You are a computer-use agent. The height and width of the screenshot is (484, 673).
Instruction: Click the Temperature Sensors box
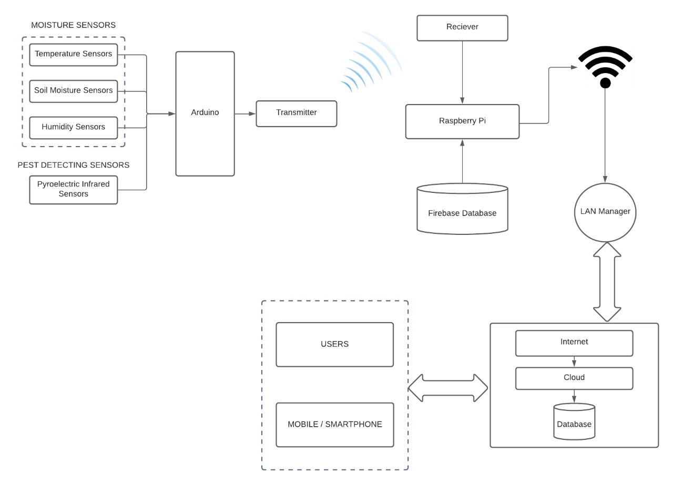pos(74,54)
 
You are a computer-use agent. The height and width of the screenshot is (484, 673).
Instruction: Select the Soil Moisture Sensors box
pos(74,91)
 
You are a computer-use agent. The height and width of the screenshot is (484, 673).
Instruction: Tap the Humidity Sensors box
pos(74,127)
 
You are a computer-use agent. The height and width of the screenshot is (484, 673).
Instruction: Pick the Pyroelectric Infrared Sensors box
pos(74,189)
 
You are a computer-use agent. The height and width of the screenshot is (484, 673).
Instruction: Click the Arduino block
pos(205,114)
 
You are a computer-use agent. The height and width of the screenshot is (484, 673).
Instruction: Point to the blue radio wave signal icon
pos(368,63)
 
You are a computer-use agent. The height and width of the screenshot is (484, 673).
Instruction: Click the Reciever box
pos(463,28)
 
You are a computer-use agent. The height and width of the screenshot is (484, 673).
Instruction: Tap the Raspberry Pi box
pos(463,121)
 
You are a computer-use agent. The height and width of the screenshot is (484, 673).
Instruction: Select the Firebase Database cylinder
pos(463,209)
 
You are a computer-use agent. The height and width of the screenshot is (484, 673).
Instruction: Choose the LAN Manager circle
pos(605,212)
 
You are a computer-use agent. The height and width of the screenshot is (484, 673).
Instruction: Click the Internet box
pos(574,343)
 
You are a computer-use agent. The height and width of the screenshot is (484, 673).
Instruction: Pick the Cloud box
pos(574,378)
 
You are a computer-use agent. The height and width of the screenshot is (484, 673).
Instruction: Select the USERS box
pos(335,344)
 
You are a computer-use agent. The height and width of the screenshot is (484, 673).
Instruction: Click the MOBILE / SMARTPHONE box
pos(335,425)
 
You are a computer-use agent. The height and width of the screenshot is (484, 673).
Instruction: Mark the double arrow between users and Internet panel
pos(448,388)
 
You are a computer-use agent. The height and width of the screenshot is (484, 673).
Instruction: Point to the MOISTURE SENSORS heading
pos(74,25)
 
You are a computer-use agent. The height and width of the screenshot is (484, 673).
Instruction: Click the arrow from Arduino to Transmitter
pos(245,114)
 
